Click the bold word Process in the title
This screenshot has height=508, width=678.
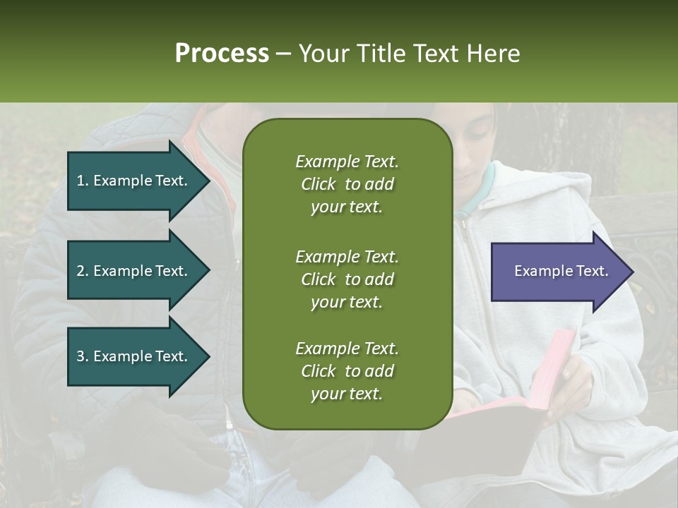click(222, 54)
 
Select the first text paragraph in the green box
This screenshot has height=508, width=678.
click(347, 184)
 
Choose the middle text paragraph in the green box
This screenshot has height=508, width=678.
click(347, 279)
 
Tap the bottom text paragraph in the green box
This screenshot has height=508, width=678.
click(347, 371)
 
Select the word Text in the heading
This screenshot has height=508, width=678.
click(435, 54)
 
